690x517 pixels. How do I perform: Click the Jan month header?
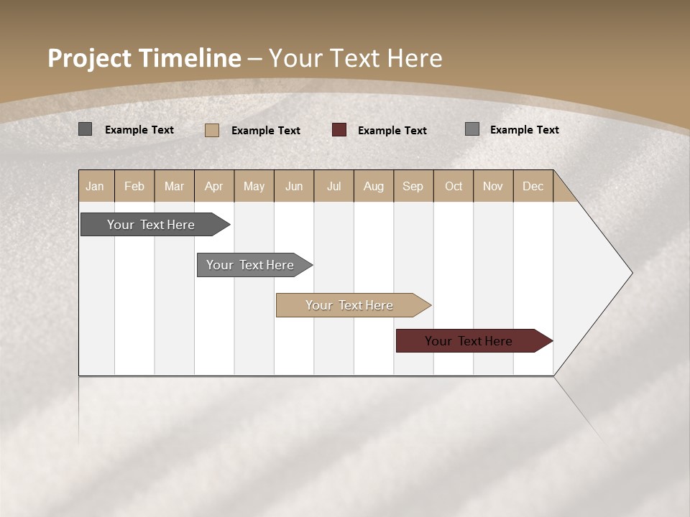click(x=96, y=186)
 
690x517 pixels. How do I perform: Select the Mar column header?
click(x=174, y=186)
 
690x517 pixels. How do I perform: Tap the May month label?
click(x=254, y=186)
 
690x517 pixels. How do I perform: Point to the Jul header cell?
click(x=333, y=186)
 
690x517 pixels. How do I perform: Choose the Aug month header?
click(x=373, y=186)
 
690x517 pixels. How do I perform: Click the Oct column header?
click(x=453, y=186)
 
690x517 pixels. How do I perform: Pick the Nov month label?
click(x=492, y=186)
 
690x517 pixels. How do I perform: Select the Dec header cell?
click(x=533, y=186)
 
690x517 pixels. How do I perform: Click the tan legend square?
click(x=212, y=130)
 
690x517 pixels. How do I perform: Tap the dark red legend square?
click(x=339, y=130)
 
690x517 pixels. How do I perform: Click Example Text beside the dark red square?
click(x=392, y=131)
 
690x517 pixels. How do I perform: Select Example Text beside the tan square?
click(x=265, y=131)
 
